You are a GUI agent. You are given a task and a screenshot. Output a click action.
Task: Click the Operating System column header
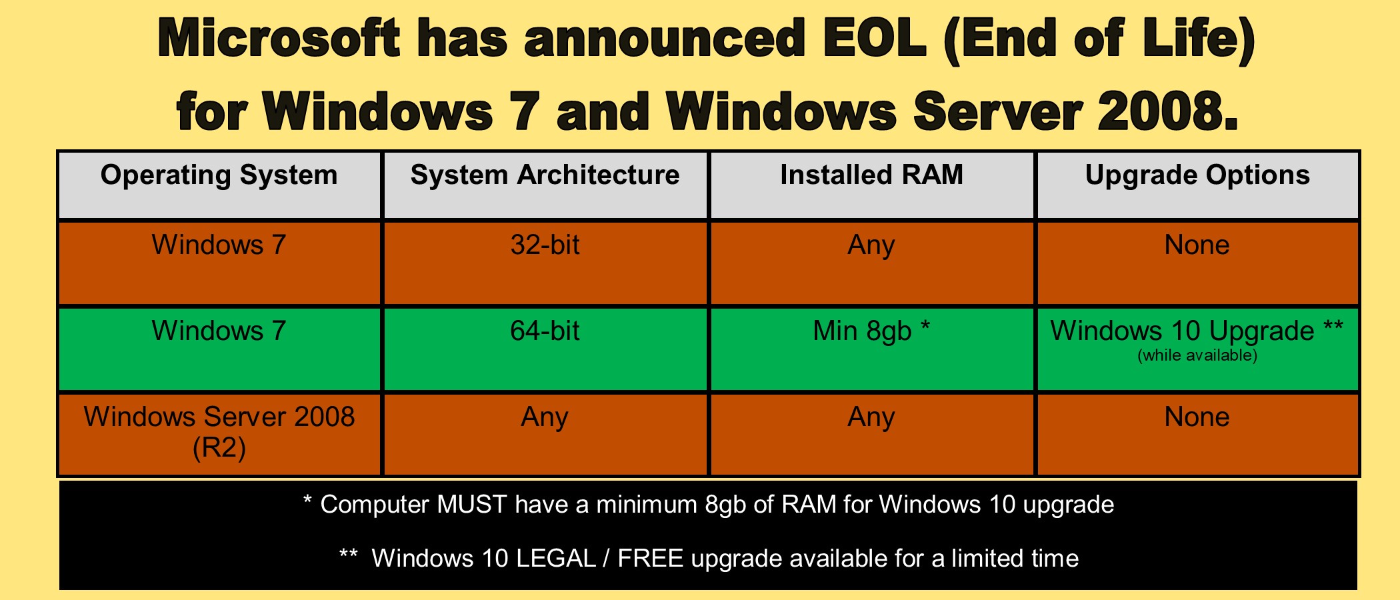click(219, 175)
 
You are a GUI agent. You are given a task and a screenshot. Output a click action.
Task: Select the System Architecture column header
click(545, 175)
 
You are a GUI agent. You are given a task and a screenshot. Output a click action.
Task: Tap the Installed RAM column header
click(872, 175)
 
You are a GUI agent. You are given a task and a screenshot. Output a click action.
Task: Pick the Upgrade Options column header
click(1197, 175)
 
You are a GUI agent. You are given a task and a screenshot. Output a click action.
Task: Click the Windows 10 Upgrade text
click(1183, 331)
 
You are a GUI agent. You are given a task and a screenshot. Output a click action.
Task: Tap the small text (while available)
click(1197, 355)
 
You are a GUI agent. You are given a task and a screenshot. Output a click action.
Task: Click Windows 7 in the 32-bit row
click(219, 245)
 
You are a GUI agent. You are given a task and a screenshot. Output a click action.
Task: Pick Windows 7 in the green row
click(219, 331)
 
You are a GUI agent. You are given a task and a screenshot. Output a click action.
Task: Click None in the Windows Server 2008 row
click(1197, 417)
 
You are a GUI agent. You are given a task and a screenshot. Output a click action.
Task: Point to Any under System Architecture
click(545, 418)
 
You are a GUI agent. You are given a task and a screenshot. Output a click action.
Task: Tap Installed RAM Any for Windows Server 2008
click(871, 418)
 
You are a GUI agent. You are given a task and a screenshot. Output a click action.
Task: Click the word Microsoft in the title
click(279, 38)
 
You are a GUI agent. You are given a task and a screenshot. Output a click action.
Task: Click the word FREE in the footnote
click(651, 559)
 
